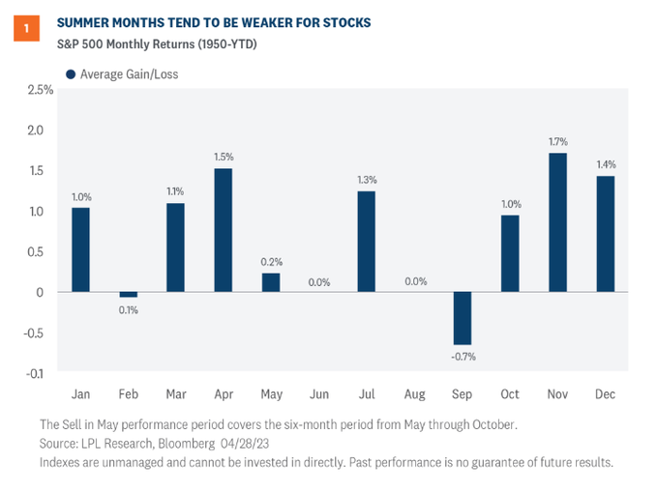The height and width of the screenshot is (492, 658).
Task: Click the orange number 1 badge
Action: click(26, 29)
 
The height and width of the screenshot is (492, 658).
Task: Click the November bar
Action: click(556, 222)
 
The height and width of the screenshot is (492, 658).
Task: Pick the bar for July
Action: click(365, 241)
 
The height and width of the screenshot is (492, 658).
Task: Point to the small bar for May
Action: click(270, 282)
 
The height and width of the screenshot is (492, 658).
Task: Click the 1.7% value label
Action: click(556, 141)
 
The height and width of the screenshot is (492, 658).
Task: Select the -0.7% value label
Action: click(463, 356)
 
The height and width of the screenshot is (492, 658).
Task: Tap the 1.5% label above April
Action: click(222, 157)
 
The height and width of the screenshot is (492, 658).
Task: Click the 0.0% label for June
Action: click(318, 282)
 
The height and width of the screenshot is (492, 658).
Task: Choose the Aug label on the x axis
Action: click(413, 394)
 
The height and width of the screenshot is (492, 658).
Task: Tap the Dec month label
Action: click(605, 394)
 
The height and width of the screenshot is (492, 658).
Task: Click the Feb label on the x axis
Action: click(127, 394)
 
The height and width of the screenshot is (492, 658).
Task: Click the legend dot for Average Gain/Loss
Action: click(71, 74)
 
